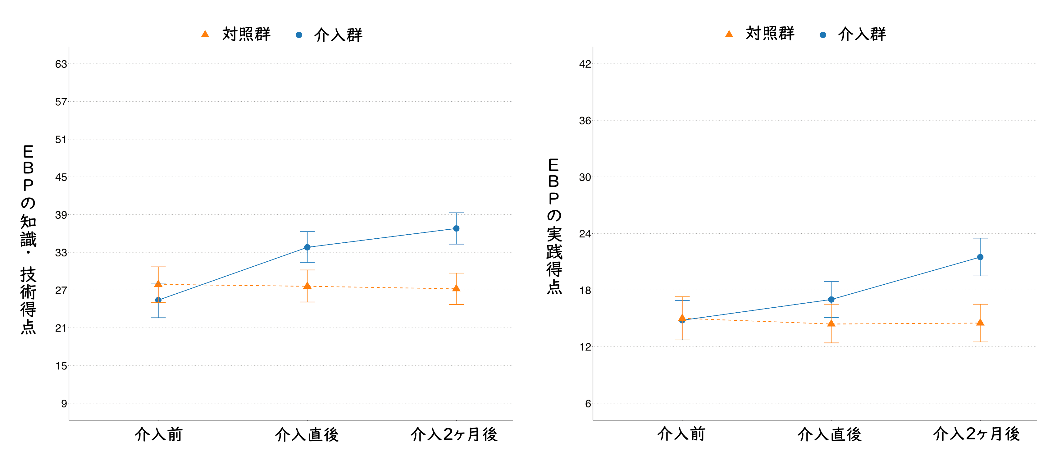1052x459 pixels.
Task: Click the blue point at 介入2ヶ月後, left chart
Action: (x=456, y=228)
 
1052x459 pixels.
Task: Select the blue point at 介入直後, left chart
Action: (x=307, y=247)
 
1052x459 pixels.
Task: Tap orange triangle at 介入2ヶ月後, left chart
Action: (x=456, y=288)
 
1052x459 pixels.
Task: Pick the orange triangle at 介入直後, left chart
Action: (x=307, y=286)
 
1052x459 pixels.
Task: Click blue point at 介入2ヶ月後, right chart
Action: (x=980, y=257)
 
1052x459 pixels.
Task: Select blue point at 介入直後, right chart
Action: (x=831, y=300)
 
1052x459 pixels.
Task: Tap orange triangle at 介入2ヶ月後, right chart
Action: (x=980, y=323)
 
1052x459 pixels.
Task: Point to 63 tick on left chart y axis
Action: (x=61, y=64)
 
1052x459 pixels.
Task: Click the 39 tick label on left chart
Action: (x=61, y=215)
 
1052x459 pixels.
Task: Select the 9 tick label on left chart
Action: (x=64, y=404)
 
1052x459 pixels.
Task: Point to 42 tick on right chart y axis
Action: (x=585, y=64)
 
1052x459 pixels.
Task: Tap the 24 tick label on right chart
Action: (x=585, y=234)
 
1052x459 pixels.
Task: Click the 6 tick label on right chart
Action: (x=588, y=404)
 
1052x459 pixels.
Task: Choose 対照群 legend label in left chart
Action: (x=246, y=34)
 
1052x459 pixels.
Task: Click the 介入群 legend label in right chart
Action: (x=862, y=34)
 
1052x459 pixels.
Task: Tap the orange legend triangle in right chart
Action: (x=729, y=34)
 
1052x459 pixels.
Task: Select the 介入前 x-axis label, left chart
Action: (x=158, y=434)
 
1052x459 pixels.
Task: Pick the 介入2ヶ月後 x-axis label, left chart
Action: (x=454, y=434)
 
